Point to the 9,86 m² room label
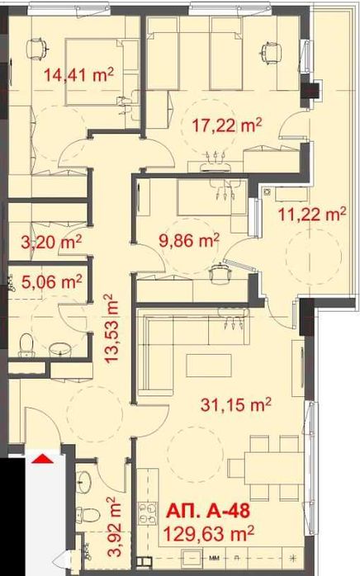pyautogui.click(x=188, y=240)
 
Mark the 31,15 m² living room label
pyautogui.click(x=238, y=404)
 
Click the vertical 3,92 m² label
pyautogui.click(x=114, y=516)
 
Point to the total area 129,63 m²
pyautogui.click(x=208, y=531)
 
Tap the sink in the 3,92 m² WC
pyautogui.click(x=87, y=479)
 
